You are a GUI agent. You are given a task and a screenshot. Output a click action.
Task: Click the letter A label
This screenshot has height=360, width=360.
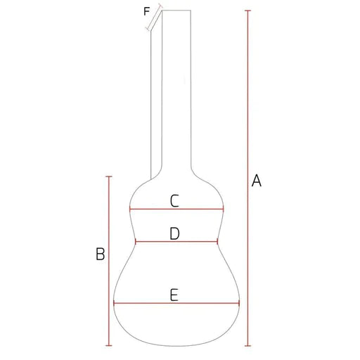pos(257,181)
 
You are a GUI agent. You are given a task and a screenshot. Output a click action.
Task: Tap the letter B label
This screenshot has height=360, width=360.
pos(101,254)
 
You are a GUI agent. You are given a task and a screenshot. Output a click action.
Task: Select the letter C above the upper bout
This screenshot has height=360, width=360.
pos(174,201)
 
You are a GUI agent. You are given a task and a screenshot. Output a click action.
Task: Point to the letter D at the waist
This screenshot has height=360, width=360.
pos(174,233)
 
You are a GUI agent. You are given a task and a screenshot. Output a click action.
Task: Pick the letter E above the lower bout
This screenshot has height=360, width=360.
pos(174,295)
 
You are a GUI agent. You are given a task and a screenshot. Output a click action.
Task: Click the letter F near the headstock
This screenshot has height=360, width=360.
pos(146,11)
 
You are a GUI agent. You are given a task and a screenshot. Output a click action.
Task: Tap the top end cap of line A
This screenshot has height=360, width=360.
pos(247,11)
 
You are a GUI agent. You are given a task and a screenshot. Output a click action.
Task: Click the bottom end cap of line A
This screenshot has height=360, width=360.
pos(247,345)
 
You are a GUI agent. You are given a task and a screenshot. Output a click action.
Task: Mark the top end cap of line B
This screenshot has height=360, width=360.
pos(109,176)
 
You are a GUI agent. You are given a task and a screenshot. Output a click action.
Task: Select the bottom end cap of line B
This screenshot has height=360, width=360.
pos(109,345)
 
